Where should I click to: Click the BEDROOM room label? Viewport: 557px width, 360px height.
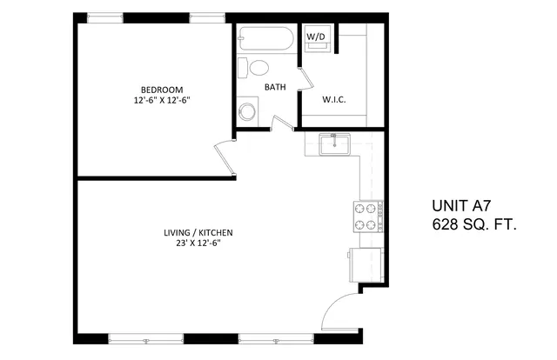tap(162, 90)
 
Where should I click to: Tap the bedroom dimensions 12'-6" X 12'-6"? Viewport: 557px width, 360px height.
tap(162, 101)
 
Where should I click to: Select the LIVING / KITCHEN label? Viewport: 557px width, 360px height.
tap(198, 233)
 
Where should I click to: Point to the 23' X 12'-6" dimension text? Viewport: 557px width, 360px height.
tap(198, 243)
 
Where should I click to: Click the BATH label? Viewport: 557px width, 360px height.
tap(275, 87)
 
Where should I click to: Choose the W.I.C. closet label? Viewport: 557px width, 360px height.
tap(334, 100)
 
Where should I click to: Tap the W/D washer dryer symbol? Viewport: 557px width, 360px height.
tap(316, 37)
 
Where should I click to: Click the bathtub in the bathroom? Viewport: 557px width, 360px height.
tap(266, 38)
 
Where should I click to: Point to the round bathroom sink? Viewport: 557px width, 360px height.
tap(247, 112)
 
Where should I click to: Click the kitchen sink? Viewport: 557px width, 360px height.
tap(334, 144)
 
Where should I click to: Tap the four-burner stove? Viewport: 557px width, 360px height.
tap(368, 217)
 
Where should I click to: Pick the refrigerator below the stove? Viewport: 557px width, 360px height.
tap(366, 265)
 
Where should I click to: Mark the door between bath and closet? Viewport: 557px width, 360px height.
tap(305, 79)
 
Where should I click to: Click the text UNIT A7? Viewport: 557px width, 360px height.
tap(461, 205)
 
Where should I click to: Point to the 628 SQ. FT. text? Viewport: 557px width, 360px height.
tap(473, 224)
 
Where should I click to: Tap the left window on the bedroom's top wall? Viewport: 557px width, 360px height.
tap(105, 17)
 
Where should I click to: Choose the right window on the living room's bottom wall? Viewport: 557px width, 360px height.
tap(276, 339)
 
